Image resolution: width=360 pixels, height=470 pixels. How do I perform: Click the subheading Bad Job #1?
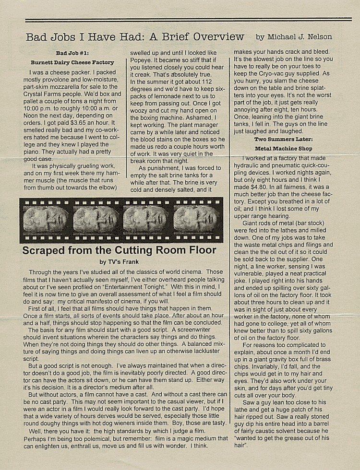tap(72, 53)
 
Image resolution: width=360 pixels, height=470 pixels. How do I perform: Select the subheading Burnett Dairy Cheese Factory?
tap(72, 62)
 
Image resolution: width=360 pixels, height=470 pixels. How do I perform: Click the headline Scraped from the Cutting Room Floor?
tap(120, 250)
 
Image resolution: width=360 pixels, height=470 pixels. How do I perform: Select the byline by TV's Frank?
tap(120, 262)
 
